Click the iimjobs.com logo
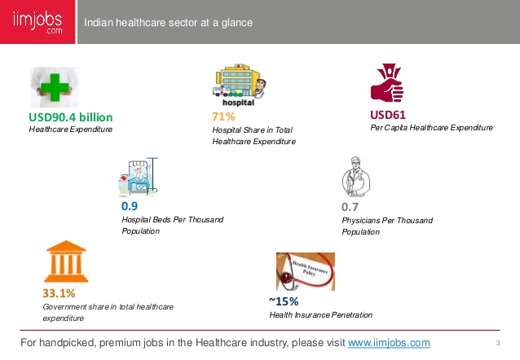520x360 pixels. coord(37,22)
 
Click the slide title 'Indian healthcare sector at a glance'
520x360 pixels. coord(168,23)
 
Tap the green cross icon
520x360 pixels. coord(55,87)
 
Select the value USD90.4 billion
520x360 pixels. coord(71,117)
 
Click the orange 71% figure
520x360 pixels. coord(223,116)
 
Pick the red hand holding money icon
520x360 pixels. coord(386,82)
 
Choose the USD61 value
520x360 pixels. coord(388,115)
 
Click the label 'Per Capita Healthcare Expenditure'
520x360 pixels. coord(431,128)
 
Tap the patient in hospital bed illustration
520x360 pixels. coord(138,177)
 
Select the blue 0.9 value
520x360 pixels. coord(130,206)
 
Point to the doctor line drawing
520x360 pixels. coord(356,177)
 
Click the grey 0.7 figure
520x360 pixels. coord(350,207)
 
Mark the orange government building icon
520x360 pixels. coord(66,261)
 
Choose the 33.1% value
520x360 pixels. coord(59,293)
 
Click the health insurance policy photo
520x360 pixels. coord(306,271)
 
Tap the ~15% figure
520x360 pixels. coord(284,301)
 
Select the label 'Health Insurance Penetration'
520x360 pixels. coord(320,315)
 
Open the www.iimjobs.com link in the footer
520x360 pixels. coord(389,342)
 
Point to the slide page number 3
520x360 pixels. coord(498,343)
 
